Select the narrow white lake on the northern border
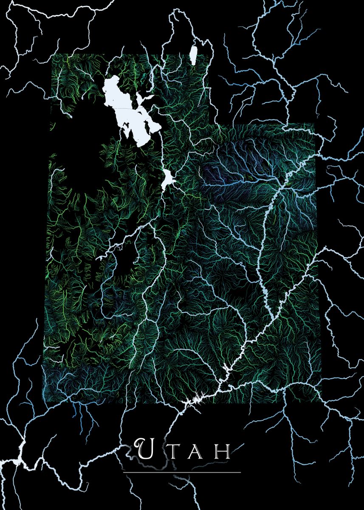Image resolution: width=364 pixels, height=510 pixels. click(194, 56)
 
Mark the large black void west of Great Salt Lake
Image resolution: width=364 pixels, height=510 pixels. click(79, 161)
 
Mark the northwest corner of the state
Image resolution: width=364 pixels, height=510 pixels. click(51, 54)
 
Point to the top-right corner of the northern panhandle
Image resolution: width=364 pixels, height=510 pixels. click(212, 54)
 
